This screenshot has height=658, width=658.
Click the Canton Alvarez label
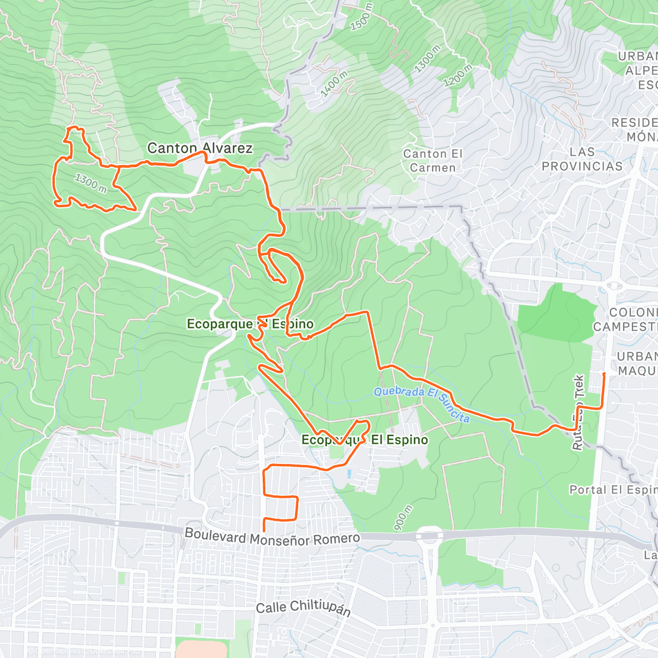tap(200, 148)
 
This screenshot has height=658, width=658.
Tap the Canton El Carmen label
tap(433, 161)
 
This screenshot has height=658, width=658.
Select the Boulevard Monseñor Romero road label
tap(272, 537)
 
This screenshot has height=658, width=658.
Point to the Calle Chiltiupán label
tap(303, 608)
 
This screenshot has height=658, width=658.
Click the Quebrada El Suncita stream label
tap(422, 405)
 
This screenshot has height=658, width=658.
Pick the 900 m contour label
tap(403, 519)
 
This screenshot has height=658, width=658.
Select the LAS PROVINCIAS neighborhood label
tap(582, 159)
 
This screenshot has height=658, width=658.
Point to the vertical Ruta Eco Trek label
tap(578, 412)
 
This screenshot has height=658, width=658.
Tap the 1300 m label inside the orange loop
tap(90, 183)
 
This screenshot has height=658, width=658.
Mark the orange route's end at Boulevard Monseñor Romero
tap(264, 531)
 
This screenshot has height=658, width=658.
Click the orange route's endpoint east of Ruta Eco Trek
tap(604, 374)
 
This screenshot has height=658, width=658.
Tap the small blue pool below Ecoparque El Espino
tap(349, 473)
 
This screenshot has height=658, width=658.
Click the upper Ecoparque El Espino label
tap(250, 324)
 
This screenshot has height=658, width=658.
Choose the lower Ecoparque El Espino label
tap(365, 440)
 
